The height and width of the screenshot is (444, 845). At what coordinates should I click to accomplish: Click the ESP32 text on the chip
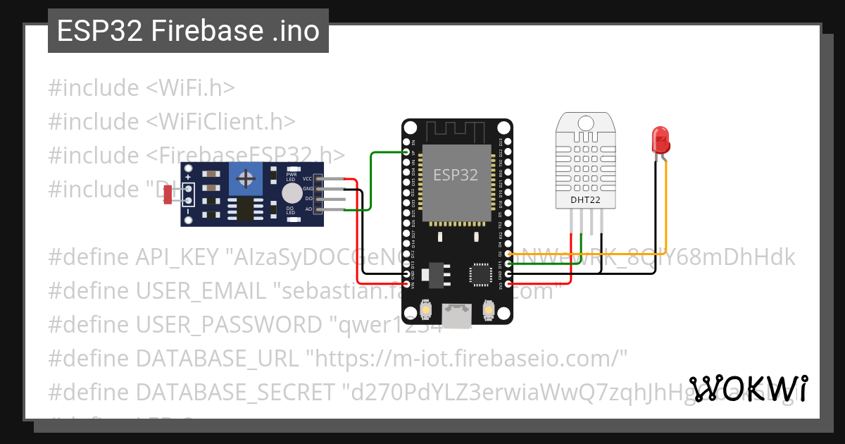coord(455,175)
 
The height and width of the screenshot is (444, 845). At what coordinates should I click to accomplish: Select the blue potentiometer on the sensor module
coord(246,179)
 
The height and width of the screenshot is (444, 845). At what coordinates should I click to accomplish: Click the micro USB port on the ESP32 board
coord(458,314)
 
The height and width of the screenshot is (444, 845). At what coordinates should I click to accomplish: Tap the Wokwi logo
coord(749,389)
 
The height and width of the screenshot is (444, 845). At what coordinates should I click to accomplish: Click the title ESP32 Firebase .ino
coord(188,31)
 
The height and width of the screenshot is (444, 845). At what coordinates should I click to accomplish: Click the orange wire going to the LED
coord(665,211)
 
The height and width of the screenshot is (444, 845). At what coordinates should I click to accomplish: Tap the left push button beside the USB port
coord(426,309)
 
